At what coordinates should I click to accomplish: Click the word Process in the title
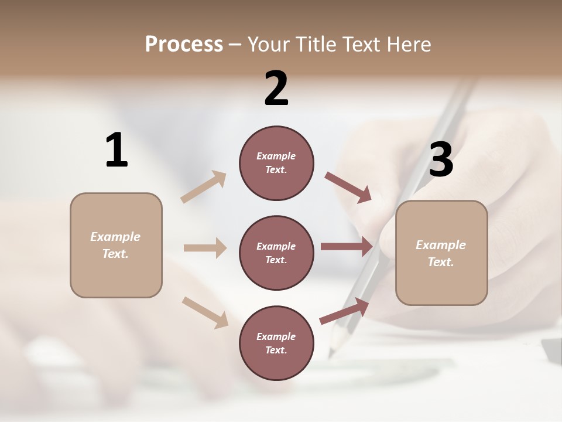pos(184,45)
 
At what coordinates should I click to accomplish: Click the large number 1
pos(116,150)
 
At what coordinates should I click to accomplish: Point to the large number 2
pos(276,89)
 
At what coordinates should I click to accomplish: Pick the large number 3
pos(441,159)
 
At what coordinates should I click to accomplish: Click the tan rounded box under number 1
pos(116,245)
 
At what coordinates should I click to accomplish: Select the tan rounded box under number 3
pos(441,253)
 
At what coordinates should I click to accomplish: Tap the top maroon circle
pos(276,163)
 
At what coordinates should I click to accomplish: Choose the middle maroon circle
pos(276,253)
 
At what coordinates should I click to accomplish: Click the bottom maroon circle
pos(276,343)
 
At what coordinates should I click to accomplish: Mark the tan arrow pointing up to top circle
pos(204,186)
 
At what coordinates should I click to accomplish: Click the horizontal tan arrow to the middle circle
pos(205,248)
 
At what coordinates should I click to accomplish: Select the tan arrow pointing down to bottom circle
pos(205,312)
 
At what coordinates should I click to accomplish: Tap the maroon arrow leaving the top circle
pos(348,188)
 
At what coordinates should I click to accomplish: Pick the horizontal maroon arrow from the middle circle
pos(347,247)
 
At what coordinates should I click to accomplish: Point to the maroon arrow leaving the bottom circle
pos(344,311)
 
